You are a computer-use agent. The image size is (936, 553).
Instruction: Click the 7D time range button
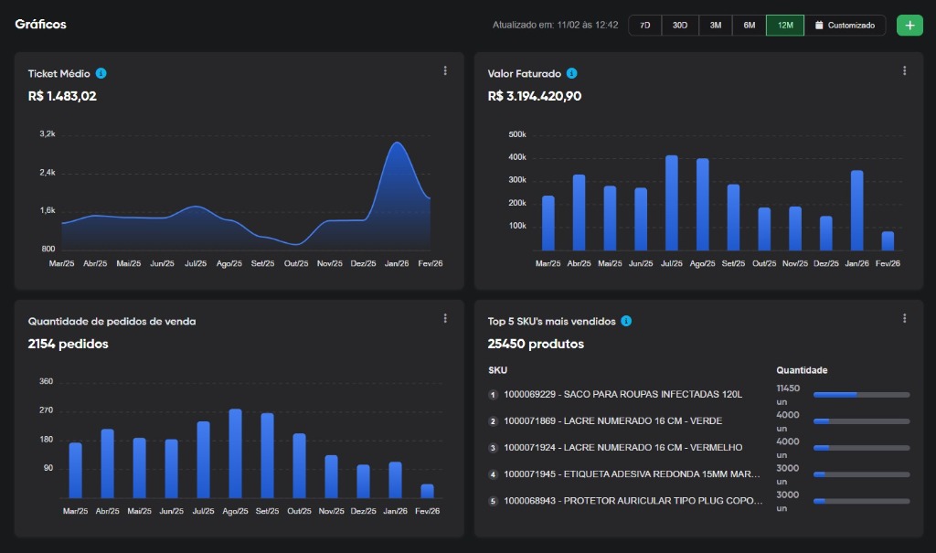[x=644, y=26]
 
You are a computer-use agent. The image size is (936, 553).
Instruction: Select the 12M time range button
[x=785, y=26]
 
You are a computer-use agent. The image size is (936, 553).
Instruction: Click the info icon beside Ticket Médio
[x=101, y=73]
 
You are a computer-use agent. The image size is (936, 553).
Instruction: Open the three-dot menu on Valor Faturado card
[x=904, y=71]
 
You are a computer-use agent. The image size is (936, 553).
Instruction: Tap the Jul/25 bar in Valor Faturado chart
[x=672, y=203]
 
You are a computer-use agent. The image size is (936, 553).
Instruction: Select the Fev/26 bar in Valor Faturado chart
[x=888, y=240]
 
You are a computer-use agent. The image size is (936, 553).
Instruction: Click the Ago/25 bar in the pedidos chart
[x=235, y=453]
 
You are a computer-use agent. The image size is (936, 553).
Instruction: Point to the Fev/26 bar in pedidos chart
[x=427, y=491]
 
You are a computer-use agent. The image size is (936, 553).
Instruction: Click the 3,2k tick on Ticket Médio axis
[x=48, y=134]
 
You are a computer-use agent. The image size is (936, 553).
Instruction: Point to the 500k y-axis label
[x=516, y=134]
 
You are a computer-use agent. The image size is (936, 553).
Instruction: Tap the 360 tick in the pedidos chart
[x=47, y=381]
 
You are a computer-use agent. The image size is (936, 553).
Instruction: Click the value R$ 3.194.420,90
[x=535, y=96]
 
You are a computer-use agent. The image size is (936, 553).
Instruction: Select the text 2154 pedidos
[x=68, y=345]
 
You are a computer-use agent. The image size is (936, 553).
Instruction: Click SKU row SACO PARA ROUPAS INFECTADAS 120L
[x=622, y=395]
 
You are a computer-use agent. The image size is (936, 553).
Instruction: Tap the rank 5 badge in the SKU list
[x=493, y=501]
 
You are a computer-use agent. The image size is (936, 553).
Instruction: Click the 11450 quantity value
[x=788, y=388]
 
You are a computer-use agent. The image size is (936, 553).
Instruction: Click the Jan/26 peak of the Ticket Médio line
[x=397, y=143]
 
